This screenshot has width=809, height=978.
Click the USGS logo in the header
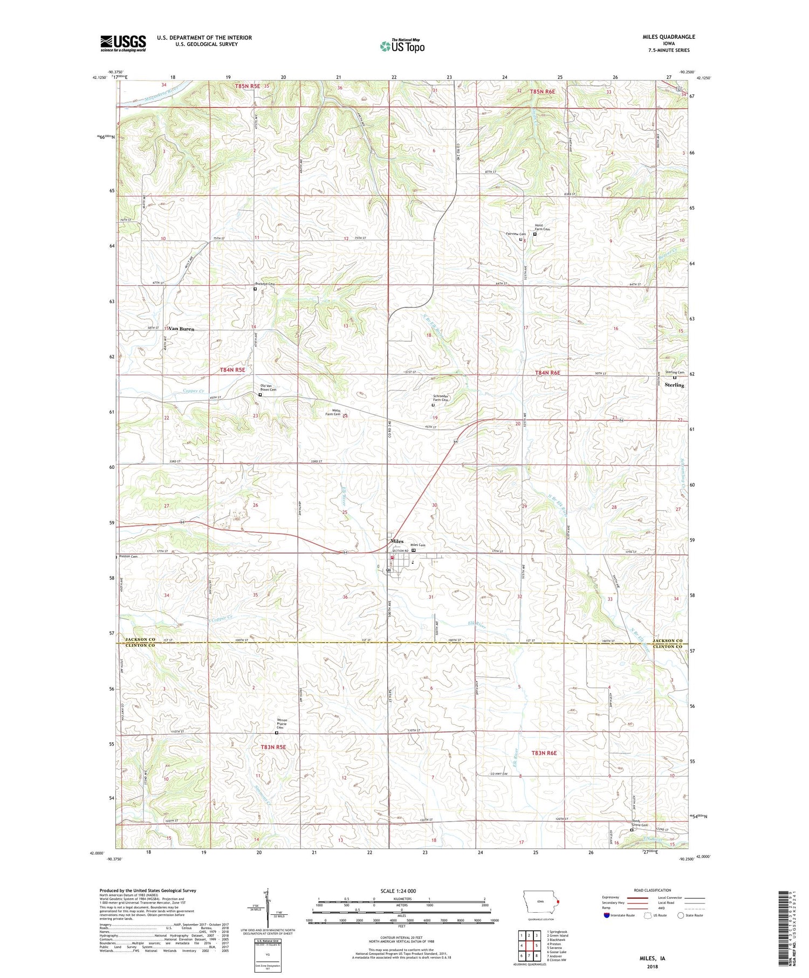[123, 43]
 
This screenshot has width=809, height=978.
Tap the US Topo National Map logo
[402, 46]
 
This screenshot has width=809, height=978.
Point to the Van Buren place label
[181, 329]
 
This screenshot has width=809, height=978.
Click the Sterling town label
[674, 385]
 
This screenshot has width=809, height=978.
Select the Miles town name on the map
[397, 541]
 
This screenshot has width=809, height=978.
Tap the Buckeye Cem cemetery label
[265, 284]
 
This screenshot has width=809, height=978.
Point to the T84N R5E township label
[232, 370]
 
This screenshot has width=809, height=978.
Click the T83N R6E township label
[544, 753]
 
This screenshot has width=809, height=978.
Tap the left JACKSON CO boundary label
[140, 639]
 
